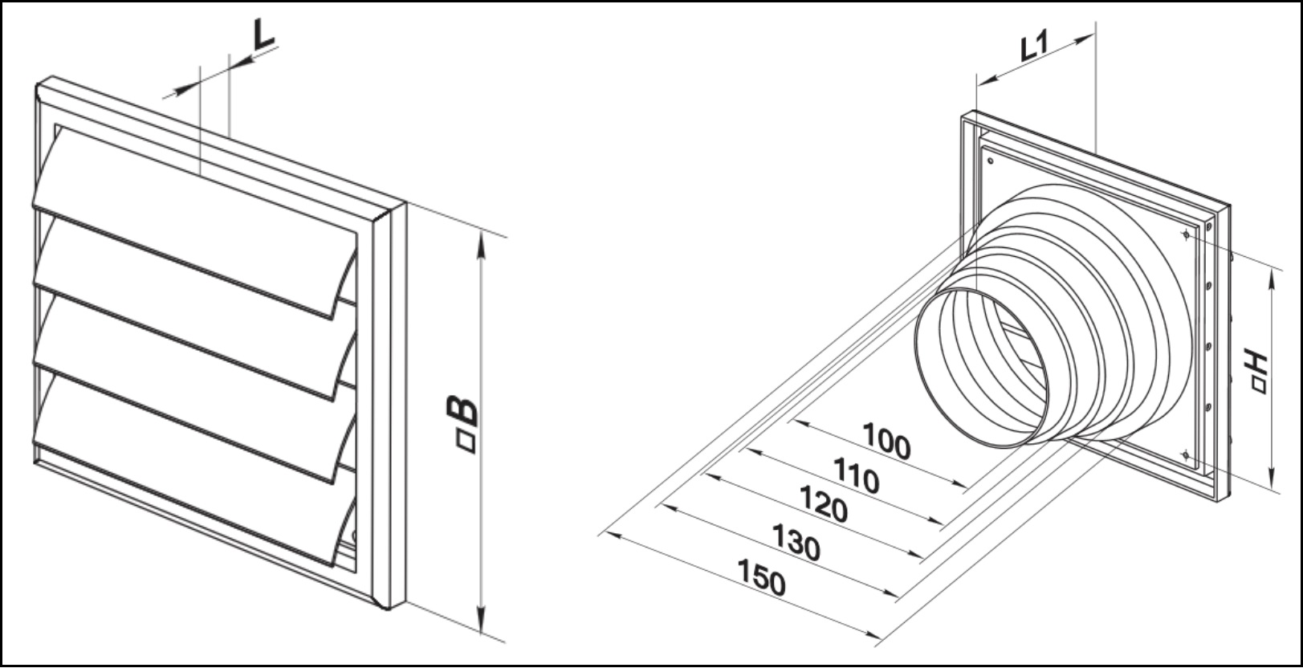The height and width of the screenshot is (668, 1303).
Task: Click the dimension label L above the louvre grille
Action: pyautogui.click(x=263, y=35)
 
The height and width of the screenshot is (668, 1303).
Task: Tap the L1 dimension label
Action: pyautogui.click(x=1035, y=47)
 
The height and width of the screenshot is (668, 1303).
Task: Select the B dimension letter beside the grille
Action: pyautogui.click(x=462, y=411)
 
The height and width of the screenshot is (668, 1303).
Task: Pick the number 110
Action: pyautogui.click(x=857, y=476)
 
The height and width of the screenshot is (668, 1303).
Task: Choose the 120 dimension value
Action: pyautogui.click(x=824, y=504)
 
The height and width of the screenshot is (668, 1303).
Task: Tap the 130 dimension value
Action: pyautogui.click(x=796, y=542)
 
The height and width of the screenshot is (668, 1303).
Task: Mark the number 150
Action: pyautogui.click(x=761, y=577)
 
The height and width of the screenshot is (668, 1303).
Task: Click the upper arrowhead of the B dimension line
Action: pyautogui.click(x=480, y=244)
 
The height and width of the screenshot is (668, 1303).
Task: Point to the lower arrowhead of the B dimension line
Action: pyautogui.click(x=481, y=619)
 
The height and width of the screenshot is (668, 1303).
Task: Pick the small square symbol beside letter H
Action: pyautogui.click(x=1259, y=386)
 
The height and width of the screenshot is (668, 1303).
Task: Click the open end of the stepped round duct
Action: pyautogui.click(x=981, y=368)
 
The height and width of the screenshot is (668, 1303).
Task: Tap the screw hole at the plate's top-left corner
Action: pyautogui.click(x=990, y=161)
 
